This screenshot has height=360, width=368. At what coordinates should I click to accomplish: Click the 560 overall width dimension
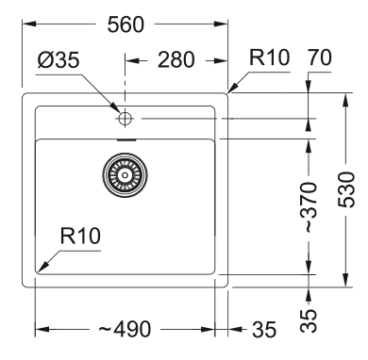(x=125, y=25)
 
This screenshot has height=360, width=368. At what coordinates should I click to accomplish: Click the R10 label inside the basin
(x=80, y=235)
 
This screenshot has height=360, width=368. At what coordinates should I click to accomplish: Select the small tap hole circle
(x=124, y=118)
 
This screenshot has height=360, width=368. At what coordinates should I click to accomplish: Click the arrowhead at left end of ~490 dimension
(x=39, y=330)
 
